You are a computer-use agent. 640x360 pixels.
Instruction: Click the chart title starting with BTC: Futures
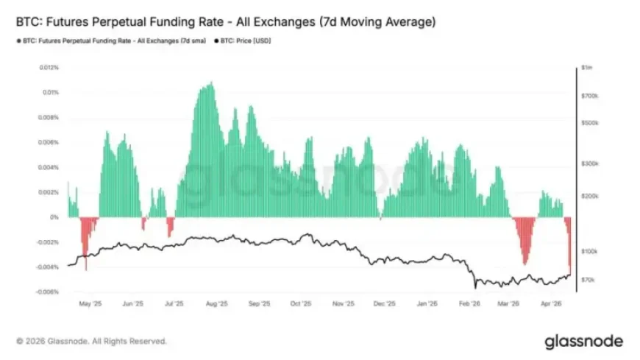click(224, 23)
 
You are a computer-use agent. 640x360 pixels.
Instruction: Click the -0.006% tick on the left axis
click(49, 292)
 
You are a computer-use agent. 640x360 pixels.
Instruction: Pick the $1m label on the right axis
click(586, 68)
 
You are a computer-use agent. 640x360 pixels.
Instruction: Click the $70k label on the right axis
click(588, 280)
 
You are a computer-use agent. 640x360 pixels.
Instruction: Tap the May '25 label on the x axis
click(89, 303)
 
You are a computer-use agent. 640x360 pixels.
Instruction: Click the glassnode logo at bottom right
click(583, 342)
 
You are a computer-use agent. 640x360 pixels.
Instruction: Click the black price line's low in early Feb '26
click(476, 286)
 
